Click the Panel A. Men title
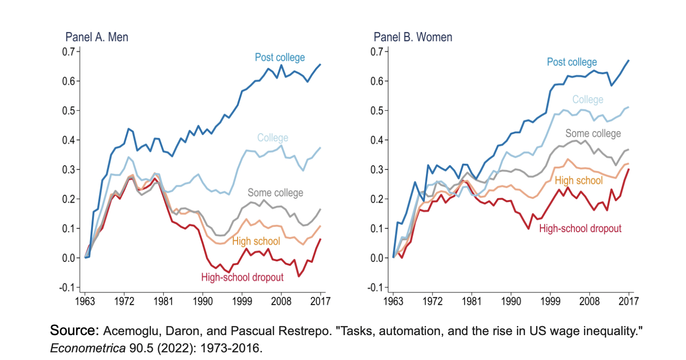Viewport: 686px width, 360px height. pos(97,37)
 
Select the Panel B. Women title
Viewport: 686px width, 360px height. pos(413,37)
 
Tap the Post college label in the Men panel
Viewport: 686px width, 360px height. pos(280,57)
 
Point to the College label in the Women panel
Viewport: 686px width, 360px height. pos(588,100)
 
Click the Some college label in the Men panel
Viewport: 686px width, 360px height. pos(275,193)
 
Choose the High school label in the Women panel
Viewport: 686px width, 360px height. pos(579,180)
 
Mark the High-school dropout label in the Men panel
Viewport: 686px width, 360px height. pos(242,277)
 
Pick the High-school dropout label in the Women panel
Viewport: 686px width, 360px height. pos(580,228)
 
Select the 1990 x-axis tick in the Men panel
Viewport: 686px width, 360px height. pos(203,303)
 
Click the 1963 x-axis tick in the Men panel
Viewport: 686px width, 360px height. pos(85,303)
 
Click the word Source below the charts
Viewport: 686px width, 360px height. pos(74,331)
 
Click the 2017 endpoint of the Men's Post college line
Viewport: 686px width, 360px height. pos(320,65)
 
